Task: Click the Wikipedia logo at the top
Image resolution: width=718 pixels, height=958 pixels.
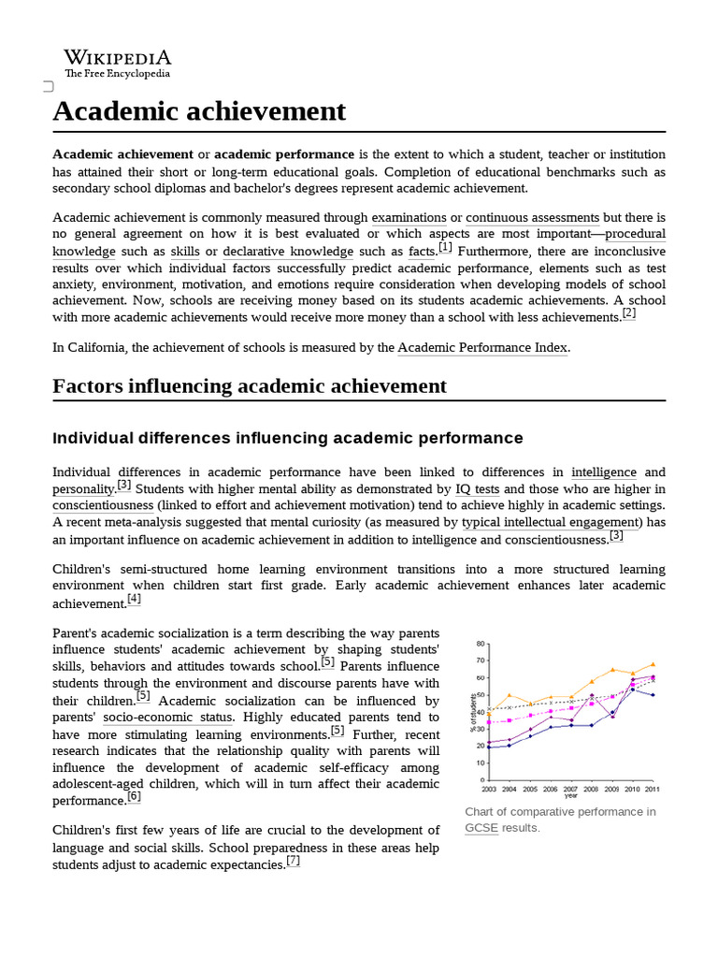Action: [x=117, y=63]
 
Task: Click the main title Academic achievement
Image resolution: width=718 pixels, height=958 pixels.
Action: [x=199, y=111]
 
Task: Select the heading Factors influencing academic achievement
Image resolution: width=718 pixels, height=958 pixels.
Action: [x=250, y=386]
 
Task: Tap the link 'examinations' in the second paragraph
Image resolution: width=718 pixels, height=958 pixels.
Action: [x=409, y=218]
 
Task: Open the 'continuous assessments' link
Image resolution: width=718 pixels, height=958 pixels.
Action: [x=533, y=218]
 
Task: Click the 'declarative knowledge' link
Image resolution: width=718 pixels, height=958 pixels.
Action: [x=288, y=252]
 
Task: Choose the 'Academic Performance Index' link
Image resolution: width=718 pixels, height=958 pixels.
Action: [x=482, y=348]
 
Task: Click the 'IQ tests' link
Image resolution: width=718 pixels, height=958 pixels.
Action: [x=477, y=489]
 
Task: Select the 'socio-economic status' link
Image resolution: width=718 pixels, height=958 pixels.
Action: [x=167, y=718]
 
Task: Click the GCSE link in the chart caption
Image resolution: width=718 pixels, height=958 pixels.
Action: [x=481, y=828]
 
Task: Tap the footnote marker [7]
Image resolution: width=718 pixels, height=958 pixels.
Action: [x=294, y=862]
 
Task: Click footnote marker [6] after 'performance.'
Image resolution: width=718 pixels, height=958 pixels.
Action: [x=134, y=797]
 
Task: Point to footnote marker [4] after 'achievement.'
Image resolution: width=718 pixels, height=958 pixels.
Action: [x=134, y=600]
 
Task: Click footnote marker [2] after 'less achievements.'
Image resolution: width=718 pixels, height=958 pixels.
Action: [x=629, y=313]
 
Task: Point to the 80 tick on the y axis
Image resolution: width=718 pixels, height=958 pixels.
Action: [x=481, y=644]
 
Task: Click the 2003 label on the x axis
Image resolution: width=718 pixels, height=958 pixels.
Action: [x=489, y=789]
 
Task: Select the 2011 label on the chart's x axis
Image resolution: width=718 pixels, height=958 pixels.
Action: [x=651, y=789]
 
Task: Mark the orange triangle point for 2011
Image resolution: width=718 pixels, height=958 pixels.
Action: [x=653, y=664]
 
